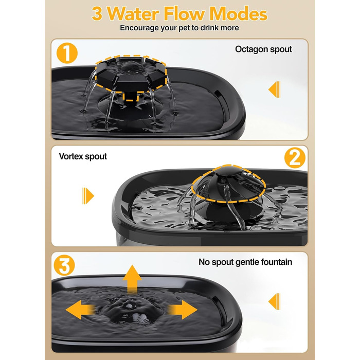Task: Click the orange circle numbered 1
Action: pos(67,53)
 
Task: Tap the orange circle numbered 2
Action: pos(295,158)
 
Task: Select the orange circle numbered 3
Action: pos(64,265)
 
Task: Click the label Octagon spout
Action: pos(263,49)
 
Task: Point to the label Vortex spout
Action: pos(83,156)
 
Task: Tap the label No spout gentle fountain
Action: pos(245,262)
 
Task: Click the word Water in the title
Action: pos(133,14)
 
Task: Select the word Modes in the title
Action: pos(238,14)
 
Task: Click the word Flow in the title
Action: pos(184,14)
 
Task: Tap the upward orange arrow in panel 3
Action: pos(132,278)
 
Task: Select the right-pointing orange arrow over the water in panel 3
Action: pos(182,310)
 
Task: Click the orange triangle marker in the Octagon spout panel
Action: pos(274,89)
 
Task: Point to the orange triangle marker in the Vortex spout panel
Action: pos(88,196)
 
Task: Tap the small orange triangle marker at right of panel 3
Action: pos(274,301)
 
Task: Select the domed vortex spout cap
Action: pos(228,184)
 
